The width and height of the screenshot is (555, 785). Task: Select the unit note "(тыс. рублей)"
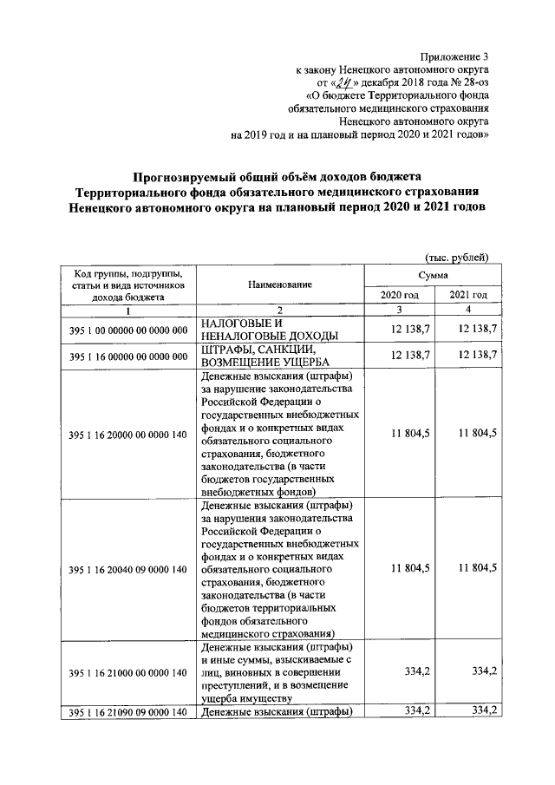click(x=457, y=257)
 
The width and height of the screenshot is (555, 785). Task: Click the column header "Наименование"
click(x=279, y=285)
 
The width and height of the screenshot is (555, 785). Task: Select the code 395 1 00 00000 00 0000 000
click(x=127, y=330)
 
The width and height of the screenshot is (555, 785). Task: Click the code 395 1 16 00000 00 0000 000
click(x=127, y=356)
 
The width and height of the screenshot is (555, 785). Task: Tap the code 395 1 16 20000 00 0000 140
click(x=127, y=434)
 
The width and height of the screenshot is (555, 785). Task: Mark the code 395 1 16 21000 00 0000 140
click(x=127, y=672)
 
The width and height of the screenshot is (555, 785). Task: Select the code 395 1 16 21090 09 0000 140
click(x=127, y=712)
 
